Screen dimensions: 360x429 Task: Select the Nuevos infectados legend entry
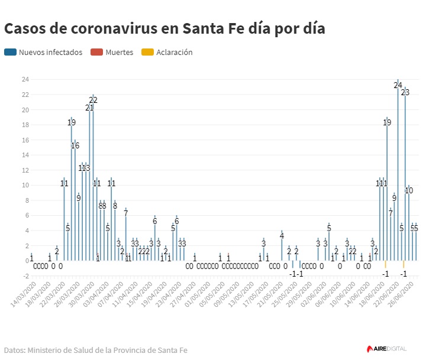(44, 52)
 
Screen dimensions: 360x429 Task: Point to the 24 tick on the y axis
(25, 79)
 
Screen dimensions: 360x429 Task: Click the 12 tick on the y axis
(25, 170)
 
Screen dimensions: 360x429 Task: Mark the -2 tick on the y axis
(25, 275)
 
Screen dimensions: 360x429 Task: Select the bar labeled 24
(398, 171)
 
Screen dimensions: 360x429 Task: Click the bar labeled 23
(405, 177)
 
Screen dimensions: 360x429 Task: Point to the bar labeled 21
(89, 183)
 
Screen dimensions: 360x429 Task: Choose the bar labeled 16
(75, 201)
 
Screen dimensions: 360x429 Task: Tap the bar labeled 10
(409, 225)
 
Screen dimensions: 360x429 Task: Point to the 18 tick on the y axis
(25, 125)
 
